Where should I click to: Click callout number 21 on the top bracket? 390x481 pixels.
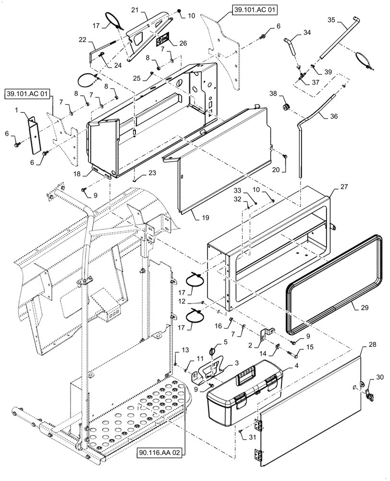tap(135, 10)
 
